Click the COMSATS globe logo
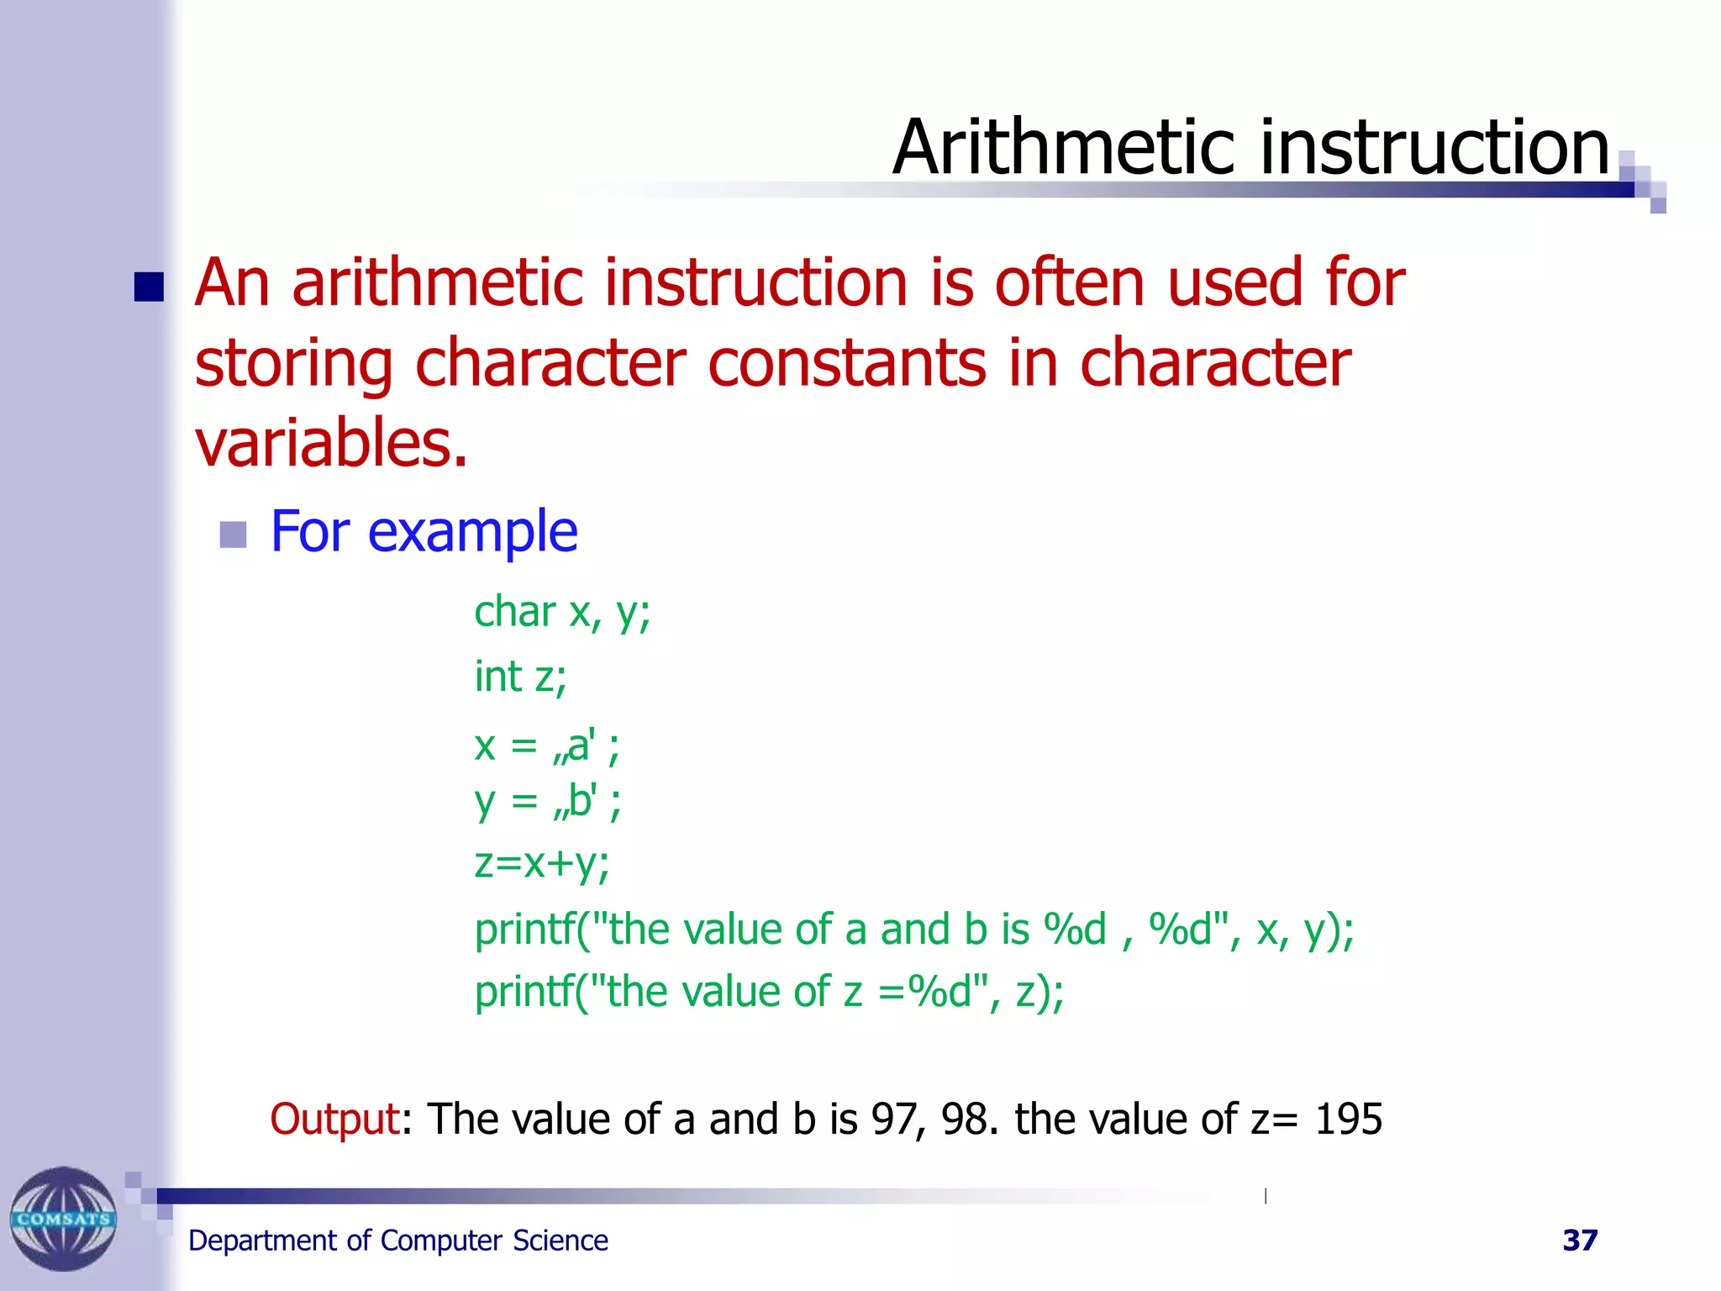(x=63, y=1218)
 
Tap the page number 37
(x=1580, y=1241)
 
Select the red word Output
(x=334, y=1120)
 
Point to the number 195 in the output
(x=1348, y=1120)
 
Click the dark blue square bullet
(x=149, y=287)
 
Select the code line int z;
(x=520, y=677)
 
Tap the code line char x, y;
(x=561, y=612)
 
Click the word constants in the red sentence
(x=847, y=363)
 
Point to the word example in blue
(x=472, y=533)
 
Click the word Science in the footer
(x=561, y=1241)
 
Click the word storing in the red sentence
(x=293, y=363)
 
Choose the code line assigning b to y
(x=547, y=802)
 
